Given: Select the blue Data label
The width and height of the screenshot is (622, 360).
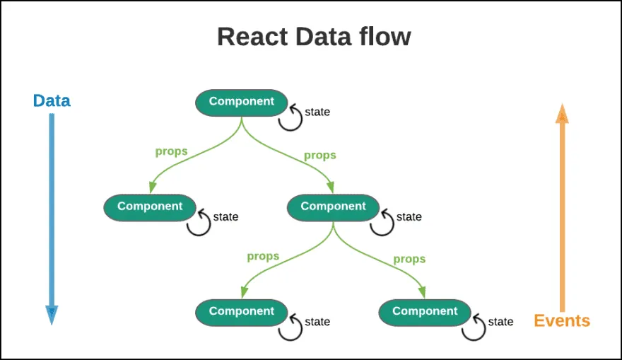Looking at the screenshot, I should (52, 100).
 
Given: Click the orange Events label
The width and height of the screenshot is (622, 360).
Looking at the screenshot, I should (562, 320).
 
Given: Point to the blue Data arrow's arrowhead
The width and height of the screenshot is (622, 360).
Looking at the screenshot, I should (52, 315).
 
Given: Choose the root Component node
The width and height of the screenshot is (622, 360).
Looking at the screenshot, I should (241, 102).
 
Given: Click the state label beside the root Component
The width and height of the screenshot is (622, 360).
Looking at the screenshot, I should (317, 112).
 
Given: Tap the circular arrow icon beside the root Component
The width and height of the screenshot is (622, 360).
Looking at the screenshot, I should (291, 118).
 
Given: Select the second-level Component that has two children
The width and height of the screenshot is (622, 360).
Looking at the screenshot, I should (333, 207).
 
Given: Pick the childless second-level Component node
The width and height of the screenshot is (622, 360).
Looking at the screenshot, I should (150, 207).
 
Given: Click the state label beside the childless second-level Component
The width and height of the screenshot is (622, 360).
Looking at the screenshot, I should (225, 216).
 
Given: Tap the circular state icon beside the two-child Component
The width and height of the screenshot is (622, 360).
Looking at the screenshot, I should (382, 223).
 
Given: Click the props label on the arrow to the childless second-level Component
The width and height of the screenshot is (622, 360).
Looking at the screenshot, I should (171, 151).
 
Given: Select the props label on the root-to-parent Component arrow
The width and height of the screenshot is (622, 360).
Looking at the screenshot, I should (319, 155).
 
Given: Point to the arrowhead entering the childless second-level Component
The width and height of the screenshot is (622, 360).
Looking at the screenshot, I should (151, 189).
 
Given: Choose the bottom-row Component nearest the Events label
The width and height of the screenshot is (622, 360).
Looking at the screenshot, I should (425, 312).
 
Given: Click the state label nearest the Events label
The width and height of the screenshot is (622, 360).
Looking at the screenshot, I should (500, 322).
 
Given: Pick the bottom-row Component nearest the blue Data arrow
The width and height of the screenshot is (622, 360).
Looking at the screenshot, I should (241, 312).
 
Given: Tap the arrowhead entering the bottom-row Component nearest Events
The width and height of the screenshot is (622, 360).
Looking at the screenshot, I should (423, 293).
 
